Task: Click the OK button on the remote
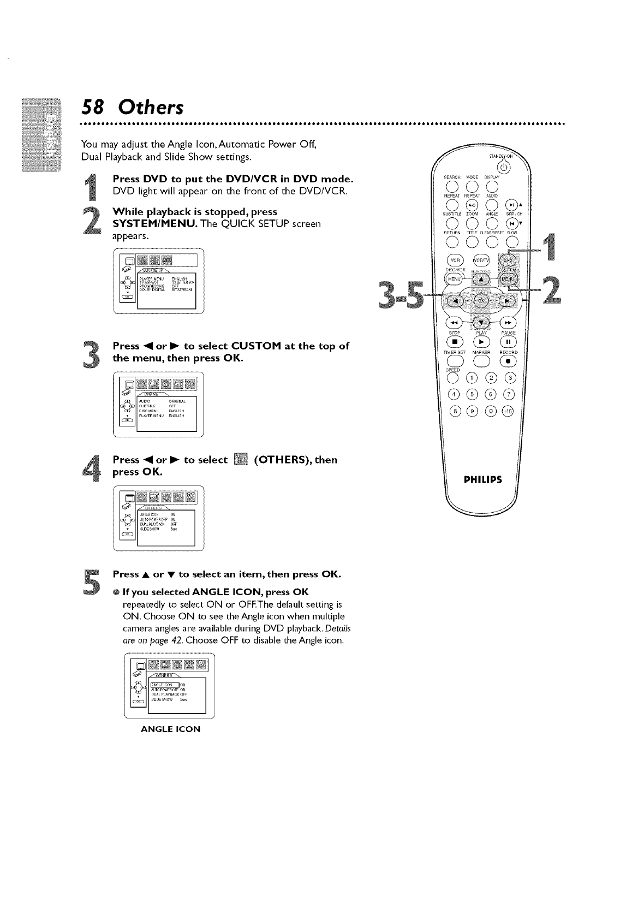(481, 300)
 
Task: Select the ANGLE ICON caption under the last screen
(171, 729)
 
